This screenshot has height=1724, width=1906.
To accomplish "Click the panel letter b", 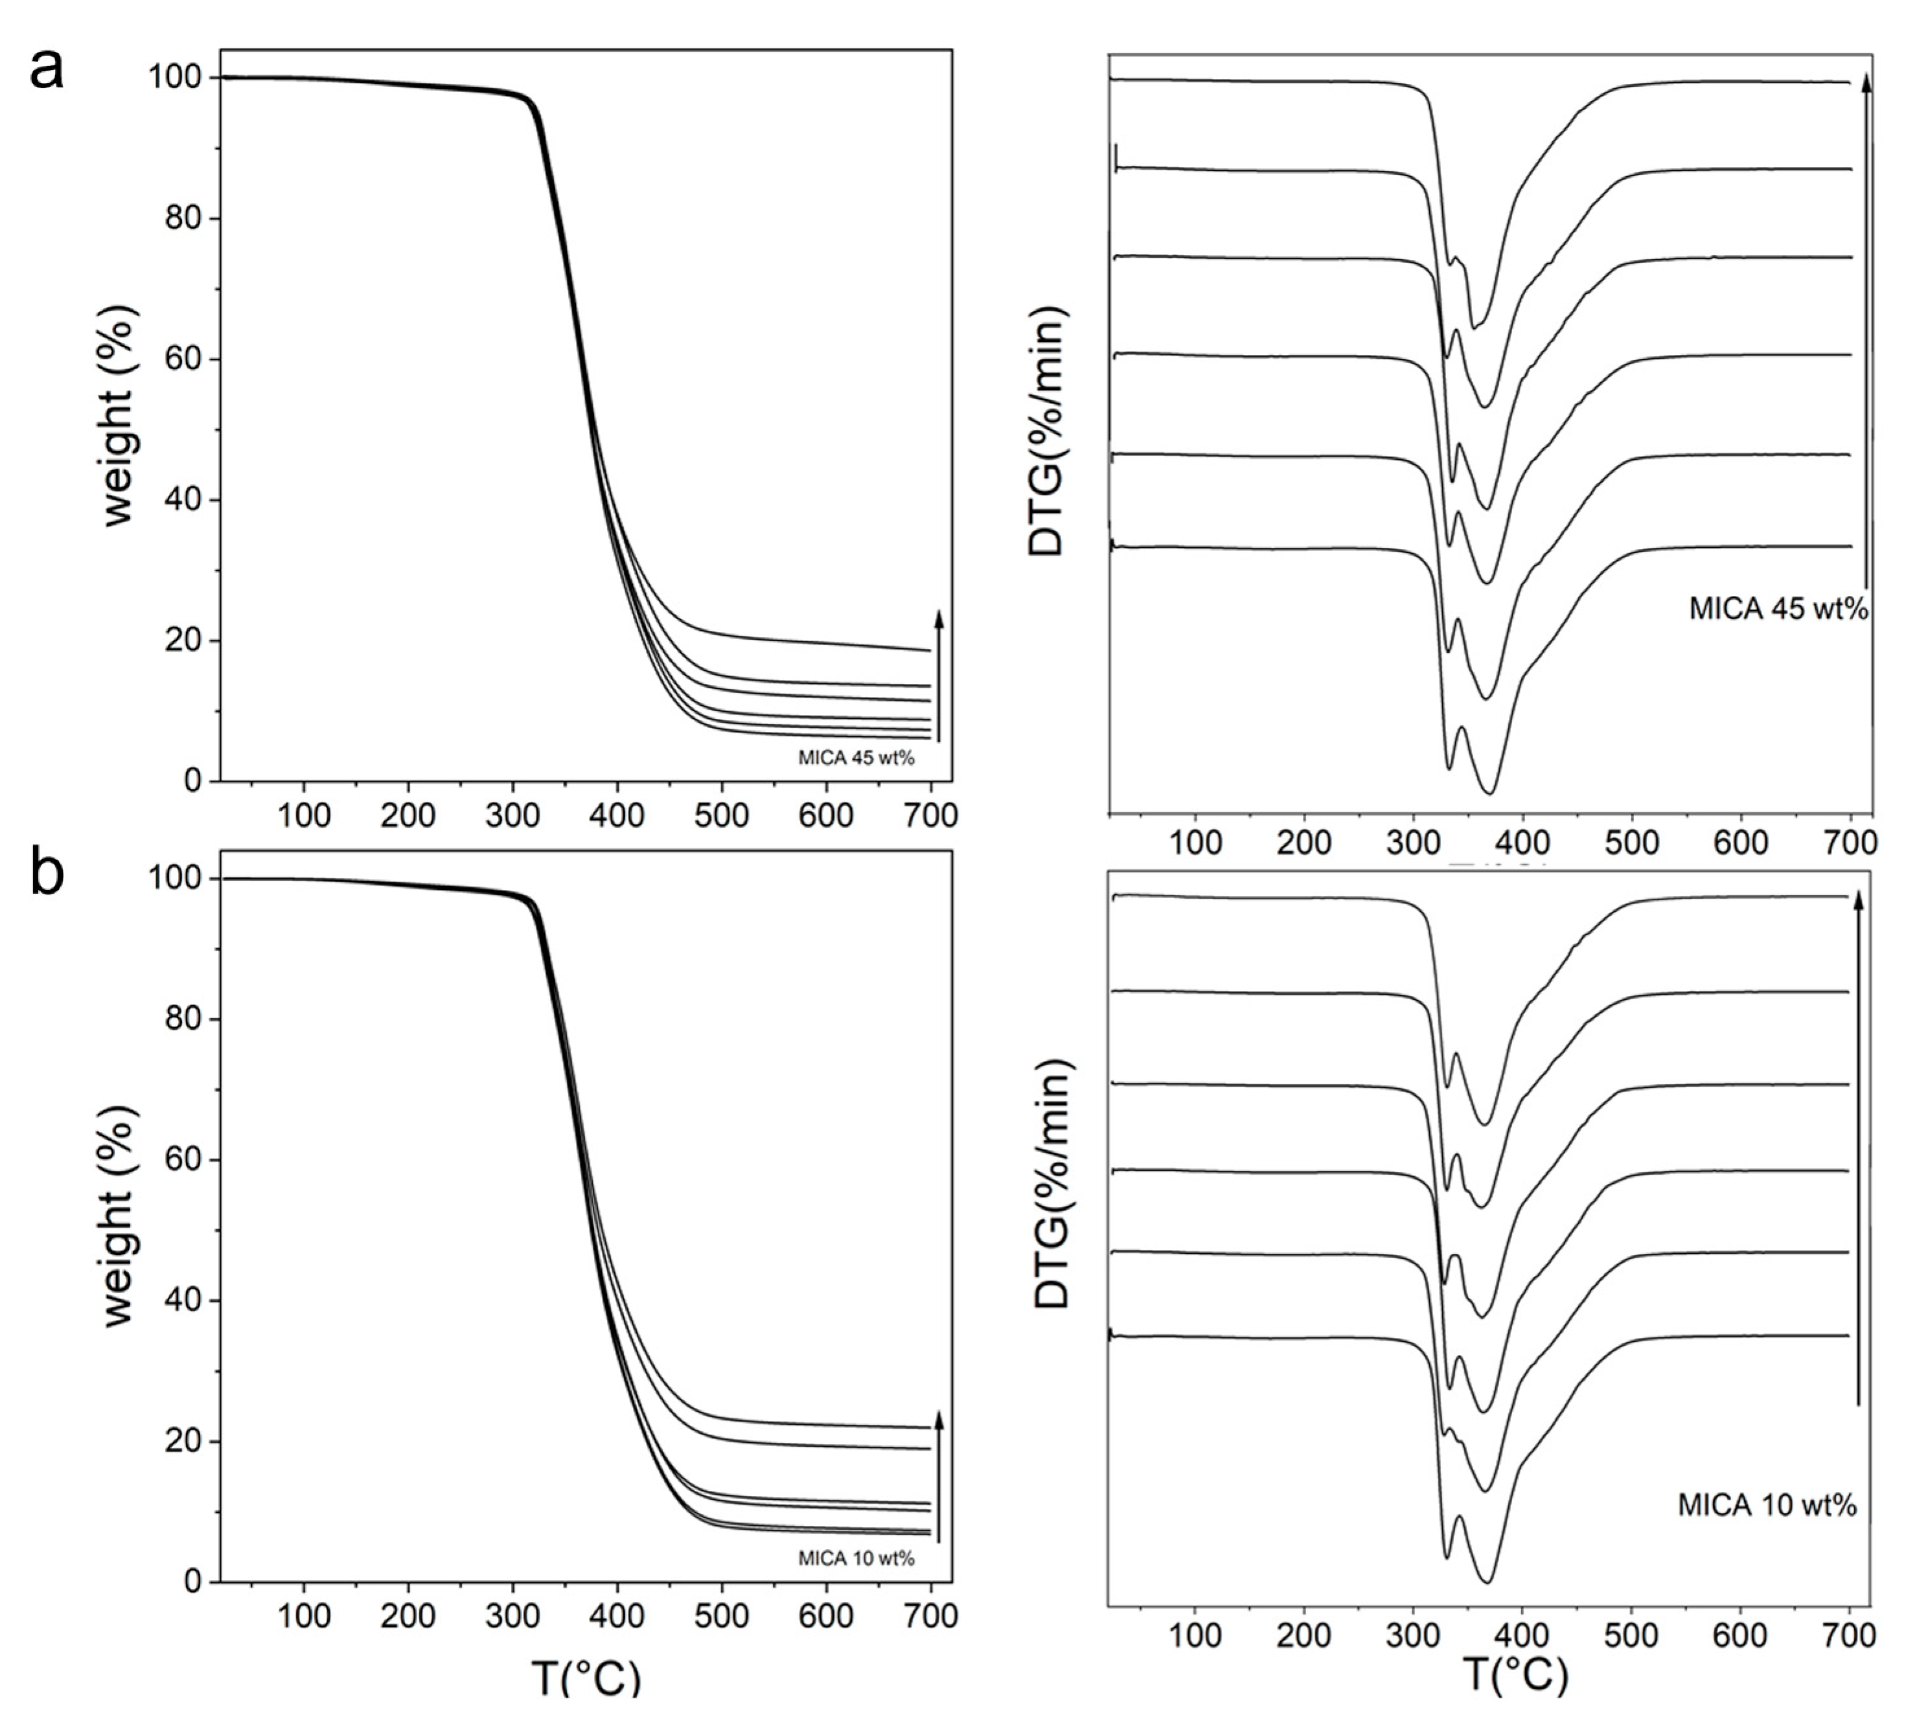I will point(47,874).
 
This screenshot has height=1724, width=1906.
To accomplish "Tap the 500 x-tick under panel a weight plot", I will point(721,814).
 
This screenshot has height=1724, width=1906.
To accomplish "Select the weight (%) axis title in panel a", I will point(120,416).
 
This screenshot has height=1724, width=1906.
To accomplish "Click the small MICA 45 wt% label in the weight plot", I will point(856,757).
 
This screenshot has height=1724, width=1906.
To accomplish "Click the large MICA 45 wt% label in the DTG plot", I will point(1778,609).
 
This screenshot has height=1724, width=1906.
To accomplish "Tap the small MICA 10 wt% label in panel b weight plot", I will point(856,1558).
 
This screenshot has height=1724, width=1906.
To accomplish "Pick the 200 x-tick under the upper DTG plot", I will point(1303,842).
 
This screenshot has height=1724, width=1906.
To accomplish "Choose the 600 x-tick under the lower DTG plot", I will point(1741,1635).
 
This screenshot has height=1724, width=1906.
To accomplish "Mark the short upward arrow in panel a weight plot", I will point(939,675).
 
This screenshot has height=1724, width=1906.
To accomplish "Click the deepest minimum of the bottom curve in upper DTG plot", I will point(1490,793).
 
